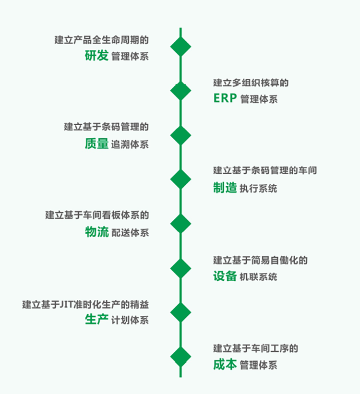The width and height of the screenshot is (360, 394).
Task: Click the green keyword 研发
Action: (x=96, y=55)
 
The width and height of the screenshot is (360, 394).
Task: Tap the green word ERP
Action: (x=225, y=99)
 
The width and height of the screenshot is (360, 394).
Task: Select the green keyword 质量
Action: (x=96, y=143)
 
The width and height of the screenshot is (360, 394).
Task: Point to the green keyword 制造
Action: (x=225, y=188)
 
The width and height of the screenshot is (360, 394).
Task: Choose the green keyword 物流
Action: (x=96, y=232)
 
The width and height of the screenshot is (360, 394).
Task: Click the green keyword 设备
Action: (x=225, y=276)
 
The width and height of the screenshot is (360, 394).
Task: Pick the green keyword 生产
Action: (x=96, y=320)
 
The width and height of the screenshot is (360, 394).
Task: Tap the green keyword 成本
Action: (x=225, y=364)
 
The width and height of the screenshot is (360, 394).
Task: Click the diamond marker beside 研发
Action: (x=180, y=47)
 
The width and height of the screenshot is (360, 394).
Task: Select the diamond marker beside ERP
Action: (x=180, y=91)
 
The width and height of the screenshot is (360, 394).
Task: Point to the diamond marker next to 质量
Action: (x=180, y=135)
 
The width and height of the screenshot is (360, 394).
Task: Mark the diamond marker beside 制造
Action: (x=180, y=179)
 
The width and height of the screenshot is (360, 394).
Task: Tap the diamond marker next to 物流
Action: (x=180, y=224)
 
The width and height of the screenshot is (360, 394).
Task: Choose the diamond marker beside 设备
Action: (x=180, y=268)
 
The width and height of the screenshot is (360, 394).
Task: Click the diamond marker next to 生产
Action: (x=180, y=312)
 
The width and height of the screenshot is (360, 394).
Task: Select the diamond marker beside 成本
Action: (x=180, y=357)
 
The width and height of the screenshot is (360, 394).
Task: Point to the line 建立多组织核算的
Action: (x=251, y=83)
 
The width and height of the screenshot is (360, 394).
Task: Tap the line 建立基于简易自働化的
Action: (x=260, y=261)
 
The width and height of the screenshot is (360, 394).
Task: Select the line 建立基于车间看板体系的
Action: (x=97, y=215)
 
